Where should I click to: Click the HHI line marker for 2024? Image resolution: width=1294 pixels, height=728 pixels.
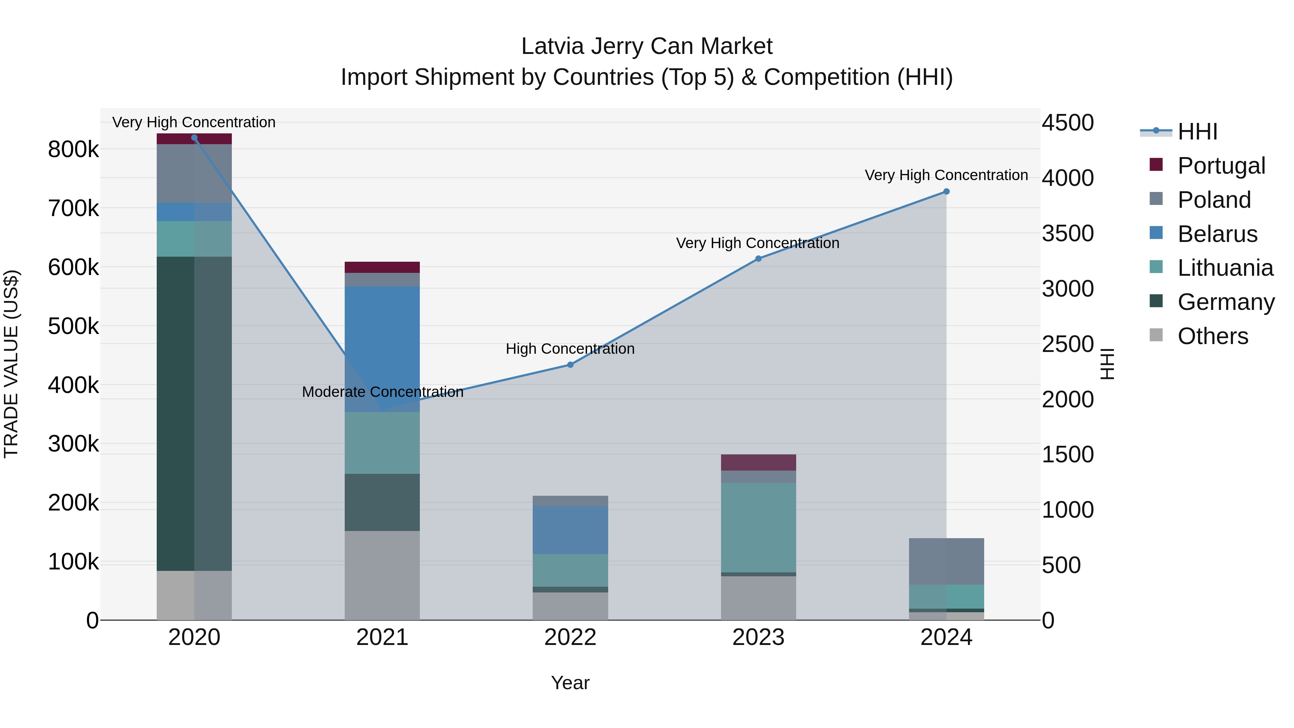(946, 191)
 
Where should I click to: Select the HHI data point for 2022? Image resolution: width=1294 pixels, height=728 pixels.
(570, 365)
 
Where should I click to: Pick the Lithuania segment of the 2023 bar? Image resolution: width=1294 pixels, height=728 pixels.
(758, 527)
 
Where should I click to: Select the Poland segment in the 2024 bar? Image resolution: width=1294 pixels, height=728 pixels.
(946, 561)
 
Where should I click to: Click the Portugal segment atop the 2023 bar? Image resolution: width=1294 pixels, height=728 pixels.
(758, 462)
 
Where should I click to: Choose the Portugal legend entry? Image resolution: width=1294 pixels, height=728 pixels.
(1221, 165)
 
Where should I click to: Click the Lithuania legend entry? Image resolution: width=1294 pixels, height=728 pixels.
(1225, 268)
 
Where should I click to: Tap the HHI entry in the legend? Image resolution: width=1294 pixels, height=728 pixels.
(1197, 132)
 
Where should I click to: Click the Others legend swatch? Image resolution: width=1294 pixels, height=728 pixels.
(1156, 336)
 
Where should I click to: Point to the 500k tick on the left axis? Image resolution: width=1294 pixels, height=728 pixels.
(73, 326)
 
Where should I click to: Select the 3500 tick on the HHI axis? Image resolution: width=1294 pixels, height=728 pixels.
(1068, 234)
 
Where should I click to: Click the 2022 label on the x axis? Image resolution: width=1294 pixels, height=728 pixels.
(570, 637)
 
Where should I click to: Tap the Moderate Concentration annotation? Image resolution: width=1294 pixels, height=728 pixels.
(382, 392)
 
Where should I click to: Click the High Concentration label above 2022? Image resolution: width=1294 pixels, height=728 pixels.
(570, 349)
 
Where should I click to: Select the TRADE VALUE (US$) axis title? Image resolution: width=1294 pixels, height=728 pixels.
(11, 364)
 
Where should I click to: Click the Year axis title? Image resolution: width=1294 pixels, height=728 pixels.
(570, 683)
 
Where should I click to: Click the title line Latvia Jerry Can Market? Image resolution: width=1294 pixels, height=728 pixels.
(647, 46)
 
